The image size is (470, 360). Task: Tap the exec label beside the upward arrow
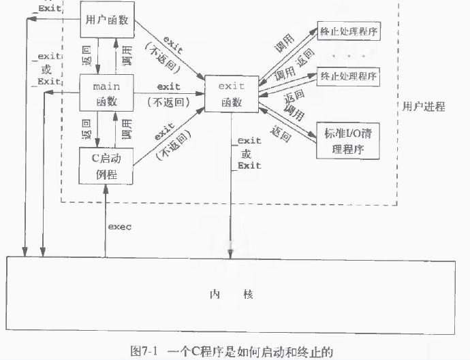pyautogui.click(x=119, y=225)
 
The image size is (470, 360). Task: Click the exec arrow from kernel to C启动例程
pyautogui.click(x=106, y=218)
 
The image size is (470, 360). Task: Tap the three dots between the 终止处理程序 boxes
pyautogui.click(x=348, y=53)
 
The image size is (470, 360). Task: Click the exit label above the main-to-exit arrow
pyautogui.click(x=168, y=87)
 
